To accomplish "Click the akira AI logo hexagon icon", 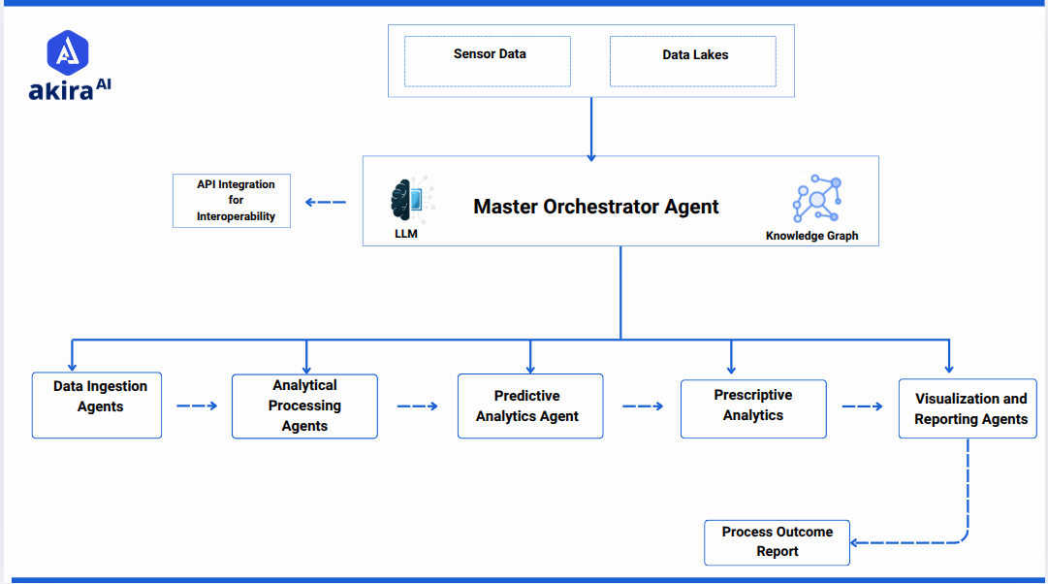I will point(68,53).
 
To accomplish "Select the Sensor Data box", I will point(488,61).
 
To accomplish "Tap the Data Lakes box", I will point(693,61).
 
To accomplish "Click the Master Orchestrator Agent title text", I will point(596,207).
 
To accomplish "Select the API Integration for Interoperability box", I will point(232,201).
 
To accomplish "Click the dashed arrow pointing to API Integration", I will point(325,202).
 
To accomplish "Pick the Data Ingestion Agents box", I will point(97,406).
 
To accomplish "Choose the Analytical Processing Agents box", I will point(304,406).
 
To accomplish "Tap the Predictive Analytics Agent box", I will point(530,406).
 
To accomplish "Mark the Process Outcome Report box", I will point(777,542).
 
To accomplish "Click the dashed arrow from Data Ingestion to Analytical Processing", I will point(197,406).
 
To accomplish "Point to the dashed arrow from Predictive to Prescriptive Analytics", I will point(642,406).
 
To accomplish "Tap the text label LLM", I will point(406,235).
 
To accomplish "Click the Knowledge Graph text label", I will point(811,236).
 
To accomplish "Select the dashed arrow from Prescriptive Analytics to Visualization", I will point(862,406).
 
